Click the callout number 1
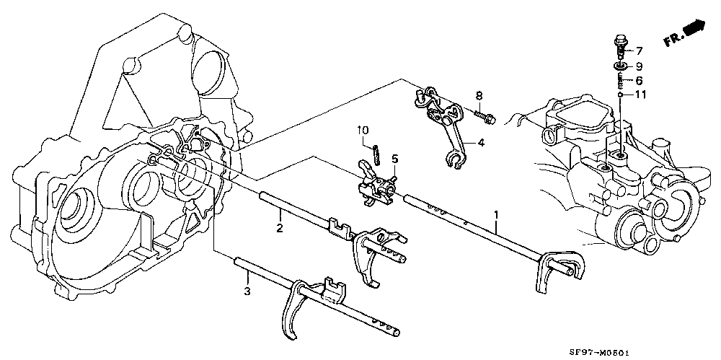496,214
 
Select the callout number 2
279,228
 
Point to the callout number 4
480,143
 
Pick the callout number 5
395,159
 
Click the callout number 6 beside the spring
639,81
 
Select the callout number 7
639,51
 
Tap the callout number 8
479,96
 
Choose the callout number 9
639,66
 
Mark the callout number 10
363,131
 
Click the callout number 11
640,95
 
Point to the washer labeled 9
620,67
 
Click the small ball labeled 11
620,95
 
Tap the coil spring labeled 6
620,81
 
